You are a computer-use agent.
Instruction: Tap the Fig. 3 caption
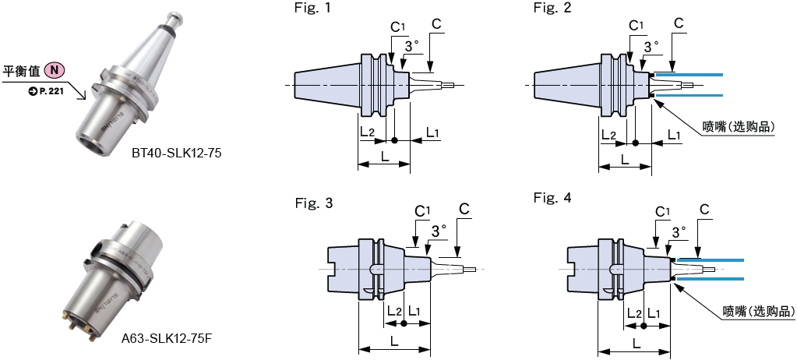(x=314, y=203)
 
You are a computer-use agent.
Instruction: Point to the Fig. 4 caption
(x=552, y=198)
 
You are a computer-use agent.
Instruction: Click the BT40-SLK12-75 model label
(x=177, y=154)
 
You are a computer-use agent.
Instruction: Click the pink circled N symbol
(x=55, y=71)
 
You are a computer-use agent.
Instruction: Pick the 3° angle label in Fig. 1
(x=413, y=47)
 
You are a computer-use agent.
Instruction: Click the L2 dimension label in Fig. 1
(x=369, y=133)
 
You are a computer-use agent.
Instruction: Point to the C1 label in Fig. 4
(x=663, y=212)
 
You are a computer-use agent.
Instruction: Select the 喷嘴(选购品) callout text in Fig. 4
(x=757, y=311)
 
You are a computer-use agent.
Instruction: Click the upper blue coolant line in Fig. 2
(x=689, y=74)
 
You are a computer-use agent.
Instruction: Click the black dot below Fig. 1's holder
(x=394, y=141)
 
